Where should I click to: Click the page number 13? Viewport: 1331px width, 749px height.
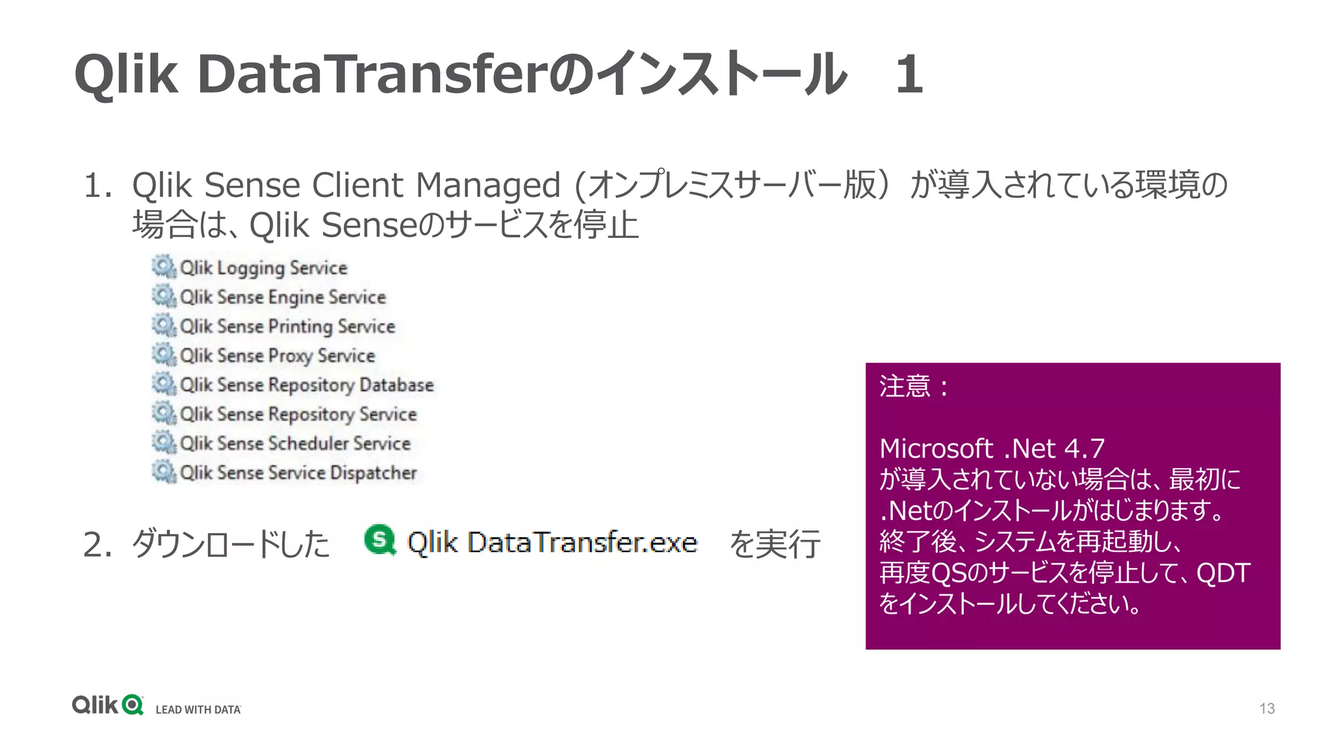point(1267,708)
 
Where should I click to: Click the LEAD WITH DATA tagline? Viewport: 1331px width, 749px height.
point(198,709)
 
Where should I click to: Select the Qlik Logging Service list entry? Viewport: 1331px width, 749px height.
point(263,268)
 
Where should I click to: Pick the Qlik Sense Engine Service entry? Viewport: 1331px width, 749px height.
point(283,297)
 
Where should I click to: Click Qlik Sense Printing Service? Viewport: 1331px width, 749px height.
point(287,326)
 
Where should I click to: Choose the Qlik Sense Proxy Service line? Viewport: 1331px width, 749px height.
point(278,356)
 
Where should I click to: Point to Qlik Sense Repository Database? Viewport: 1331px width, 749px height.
point(306,385)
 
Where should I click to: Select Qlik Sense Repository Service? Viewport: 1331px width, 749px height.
point(298,414)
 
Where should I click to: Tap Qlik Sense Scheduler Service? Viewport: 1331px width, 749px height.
point(295,443)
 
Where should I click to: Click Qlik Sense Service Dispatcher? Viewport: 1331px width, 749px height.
point(298,473)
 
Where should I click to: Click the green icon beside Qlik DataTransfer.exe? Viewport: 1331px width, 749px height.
point(380,540)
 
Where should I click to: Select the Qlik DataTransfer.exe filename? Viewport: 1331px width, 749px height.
point(552,542)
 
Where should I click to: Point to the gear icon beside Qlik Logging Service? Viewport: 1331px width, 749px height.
point(164,267)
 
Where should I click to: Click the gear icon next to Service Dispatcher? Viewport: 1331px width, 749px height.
point(164,471)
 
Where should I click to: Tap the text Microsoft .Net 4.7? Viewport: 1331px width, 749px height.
point(992,449)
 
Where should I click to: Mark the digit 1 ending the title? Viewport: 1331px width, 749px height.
point(909,74)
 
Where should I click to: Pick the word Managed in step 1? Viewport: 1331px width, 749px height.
point(487,185)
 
